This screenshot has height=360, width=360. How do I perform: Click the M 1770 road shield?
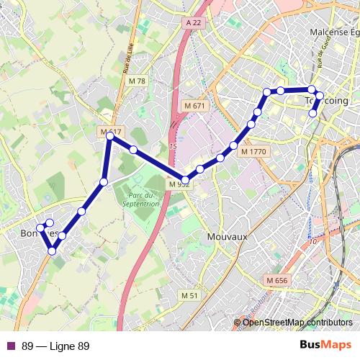[x=253, y=152]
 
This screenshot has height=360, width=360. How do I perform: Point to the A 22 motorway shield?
[x=192, y=23]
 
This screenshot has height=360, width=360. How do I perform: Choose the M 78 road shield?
[x=136, y=81]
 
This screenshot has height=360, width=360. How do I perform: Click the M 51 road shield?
[x=189, y=296]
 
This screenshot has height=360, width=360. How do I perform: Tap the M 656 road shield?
[x=276, y=280]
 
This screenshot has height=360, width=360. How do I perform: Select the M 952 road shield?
[x=179, y=185]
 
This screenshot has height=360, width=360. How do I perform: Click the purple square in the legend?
[x=10, y=346]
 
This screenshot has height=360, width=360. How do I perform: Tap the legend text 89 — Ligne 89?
[x=55, y=346]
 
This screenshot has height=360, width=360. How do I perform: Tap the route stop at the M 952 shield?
[x=186, y=180]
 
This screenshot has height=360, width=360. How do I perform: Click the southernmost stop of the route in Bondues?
[x=52, y=251]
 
